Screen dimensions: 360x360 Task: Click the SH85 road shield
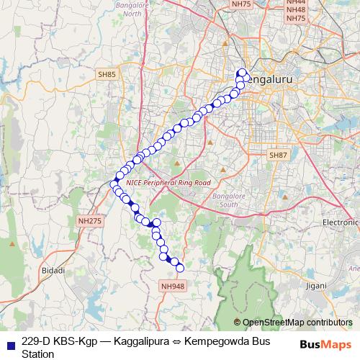point(107,73)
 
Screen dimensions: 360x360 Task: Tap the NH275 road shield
point(89,222)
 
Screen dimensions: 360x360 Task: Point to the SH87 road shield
point(278,156)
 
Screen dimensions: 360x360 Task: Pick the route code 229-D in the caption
point(38,340)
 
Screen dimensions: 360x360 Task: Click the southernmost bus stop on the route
point(180,269)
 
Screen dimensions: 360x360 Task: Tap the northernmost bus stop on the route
point(241,72)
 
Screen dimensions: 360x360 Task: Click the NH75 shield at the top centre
point(243,4)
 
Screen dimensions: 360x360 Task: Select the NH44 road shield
point(296,3)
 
